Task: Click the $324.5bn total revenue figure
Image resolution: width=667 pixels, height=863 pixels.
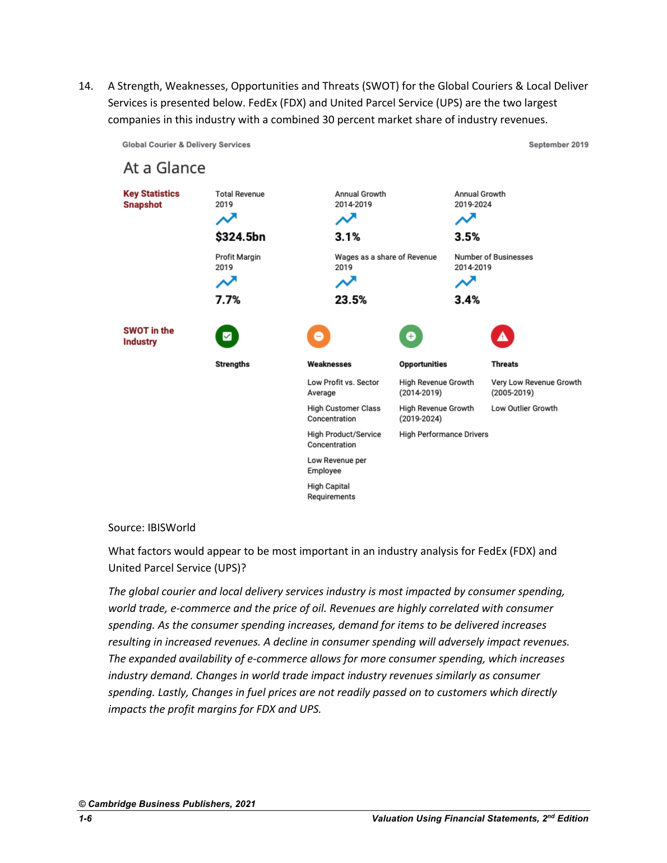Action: pyautogui.click(x=240, y=237)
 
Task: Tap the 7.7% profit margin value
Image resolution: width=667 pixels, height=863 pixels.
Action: pyautogui.click(x=228, y=300)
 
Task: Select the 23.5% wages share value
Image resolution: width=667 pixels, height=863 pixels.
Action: pyautogui.click(x=350, y=300)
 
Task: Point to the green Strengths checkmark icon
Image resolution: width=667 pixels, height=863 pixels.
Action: pyautogui.click(x=227, y=336)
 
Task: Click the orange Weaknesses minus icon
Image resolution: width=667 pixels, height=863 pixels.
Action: pyautogui.click(x=318, y=336)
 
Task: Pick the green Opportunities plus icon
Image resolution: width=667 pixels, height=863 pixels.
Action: pyautogui.click(x=411, y=336)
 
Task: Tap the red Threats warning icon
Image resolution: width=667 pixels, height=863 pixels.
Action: pyautogui.click(x=502, y=336)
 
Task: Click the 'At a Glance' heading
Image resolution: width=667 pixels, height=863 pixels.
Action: pyautogui.click(x=164, y=168)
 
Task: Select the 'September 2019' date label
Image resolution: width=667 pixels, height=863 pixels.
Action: pyautogui.click(x=558, y=145)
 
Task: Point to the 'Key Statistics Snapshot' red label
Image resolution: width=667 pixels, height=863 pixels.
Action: pyautogui.click(x=151, y=199)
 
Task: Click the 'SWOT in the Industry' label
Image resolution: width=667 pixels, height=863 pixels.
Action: pyautogui.click(x=149, y=336)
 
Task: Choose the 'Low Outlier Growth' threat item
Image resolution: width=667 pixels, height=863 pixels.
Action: pyautogui.click(x=524, y=409)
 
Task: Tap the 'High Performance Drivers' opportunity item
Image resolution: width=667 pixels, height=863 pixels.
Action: pyautogui.click(x=443, y=434)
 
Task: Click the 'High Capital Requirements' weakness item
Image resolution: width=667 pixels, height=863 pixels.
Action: pyautogui.click(x=331, y=491)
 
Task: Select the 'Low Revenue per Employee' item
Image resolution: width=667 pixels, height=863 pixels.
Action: pyautogui.click(x=336, y=466)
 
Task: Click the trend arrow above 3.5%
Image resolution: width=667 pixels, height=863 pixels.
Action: pyautogui.click(x=465, y=219)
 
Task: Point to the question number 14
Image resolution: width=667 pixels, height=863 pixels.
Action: pyautogui.click(x=86, y=86)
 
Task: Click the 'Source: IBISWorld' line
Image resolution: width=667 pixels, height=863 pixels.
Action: pyautogui.click(x=152, y=528)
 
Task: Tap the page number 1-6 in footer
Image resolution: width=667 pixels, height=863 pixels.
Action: pyautogui.click(x=85, y=819)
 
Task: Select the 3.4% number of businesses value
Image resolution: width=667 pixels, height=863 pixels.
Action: pyautogui.click(x=467, y=300)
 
